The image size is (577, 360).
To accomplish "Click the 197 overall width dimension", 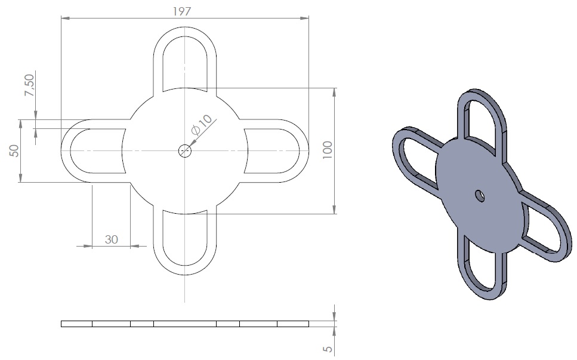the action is (182, 11).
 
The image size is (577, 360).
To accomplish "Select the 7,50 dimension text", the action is (29, 85).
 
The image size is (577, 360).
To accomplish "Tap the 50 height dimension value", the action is (14, 150).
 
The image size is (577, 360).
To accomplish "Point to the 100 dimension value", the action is (327, 150).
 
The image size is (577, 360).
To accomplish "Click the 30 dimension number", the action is (111, 239).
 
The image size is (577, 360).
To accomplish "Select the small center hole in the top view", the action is (185, 150).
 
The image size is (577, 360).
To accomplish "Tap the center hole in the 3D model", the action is (480, 196).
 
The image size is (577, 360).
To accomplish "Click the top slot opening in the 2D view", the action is (185, 63).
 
